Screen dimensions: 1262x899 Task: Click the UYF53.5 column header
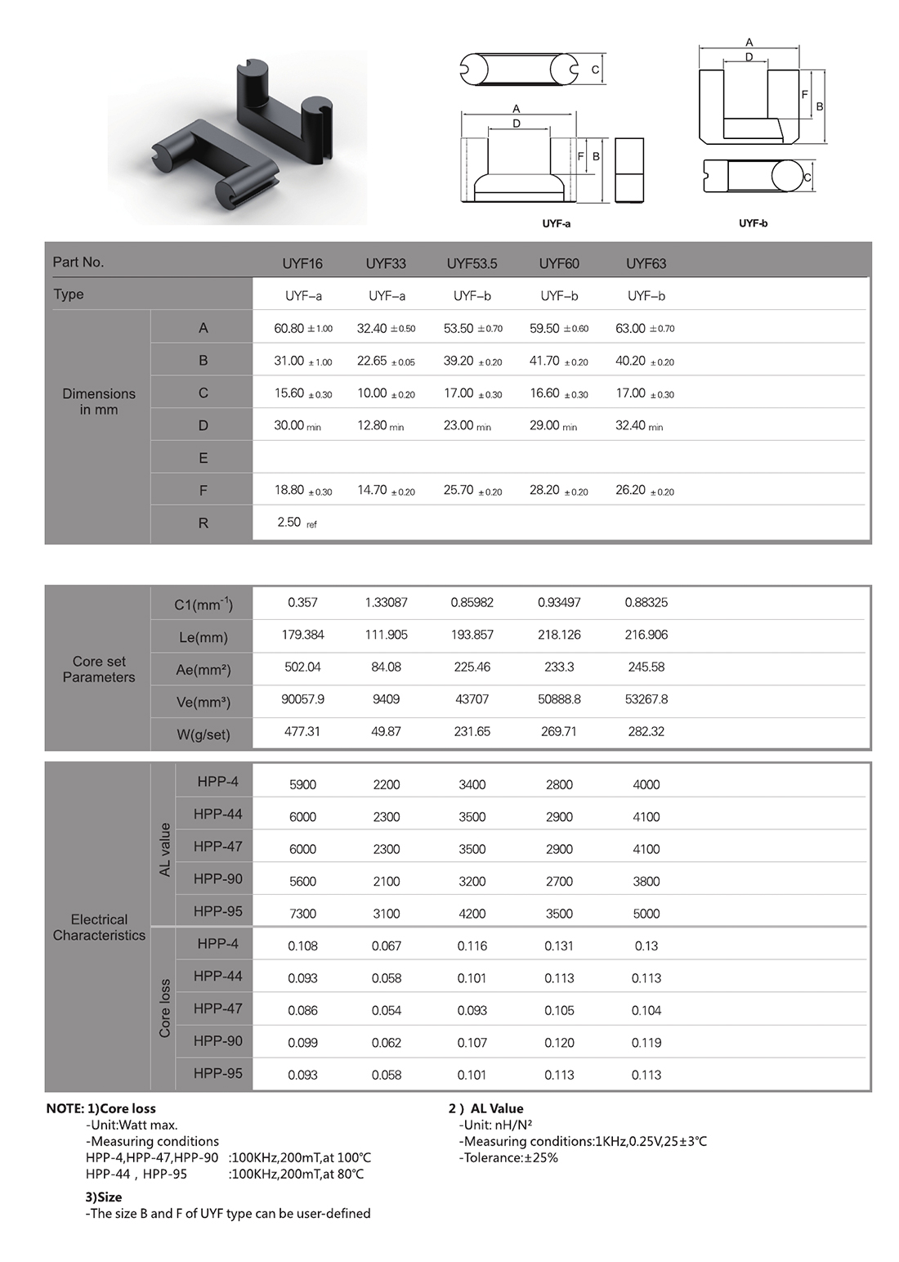click(472, 263)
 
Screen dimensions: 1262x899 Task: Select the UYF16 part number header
click(302, 263)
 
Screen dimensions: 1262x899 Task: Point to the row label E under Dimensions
click(203, 458)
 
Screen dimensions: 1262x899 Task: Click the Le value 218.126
click(559, 635)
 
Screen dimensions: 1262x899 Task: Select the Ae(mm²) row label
click(204, 670)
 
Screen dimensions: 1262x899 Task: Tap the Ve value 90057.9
click(302, 699)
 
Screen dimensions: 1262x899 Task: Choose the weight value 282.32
click(646, 732)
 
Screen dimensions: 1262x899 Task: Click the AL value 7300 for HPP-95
click(302, 914)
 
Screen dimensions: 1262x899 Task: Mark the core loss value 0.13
click(646, 946)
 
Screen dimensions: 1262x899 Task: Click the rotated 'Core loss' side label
click(165, 1008)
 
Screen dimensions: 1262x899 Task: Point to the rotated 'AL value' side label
click(165, 850)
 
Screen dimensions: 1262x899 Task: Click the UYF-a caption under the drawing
click(556, 223)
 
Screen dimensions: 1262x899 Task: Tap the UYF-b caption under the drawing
click(753, 223)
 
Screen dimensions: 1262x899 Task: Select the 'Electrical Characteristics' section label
click(99, 927)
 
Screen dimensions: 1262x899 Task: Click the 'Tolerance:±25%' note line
click(508, 1157)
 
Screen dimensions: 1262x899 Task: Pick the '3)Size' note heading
click(104, 1197)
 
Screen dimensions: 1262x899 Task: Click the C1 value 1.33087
click(386, 603)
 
